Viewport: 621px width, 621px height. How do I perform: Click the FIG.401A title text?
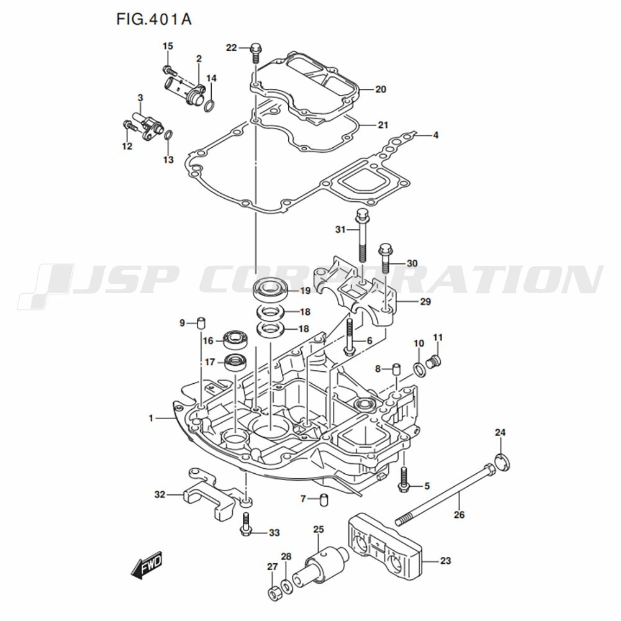click(x=153, y=19)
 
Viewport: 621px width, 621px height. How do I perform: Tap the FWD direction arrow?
click(x=147, y=563)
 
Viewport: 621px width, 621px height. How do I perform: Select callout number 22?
click(x=231, y=48)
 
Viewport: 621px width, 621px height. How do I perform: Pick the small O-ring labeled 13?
click(x=168, y=134)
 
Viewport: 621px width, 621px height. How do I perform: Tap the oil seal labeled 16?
click(x=235, y=340)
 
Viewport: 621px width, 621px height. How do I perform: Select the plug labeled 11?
click(x=435, y=361)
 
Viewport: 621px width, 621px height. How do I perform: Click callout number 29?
click(x=425, y=302)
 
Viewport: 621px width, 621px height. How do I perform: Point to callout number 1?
click(x=151, y=418)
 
